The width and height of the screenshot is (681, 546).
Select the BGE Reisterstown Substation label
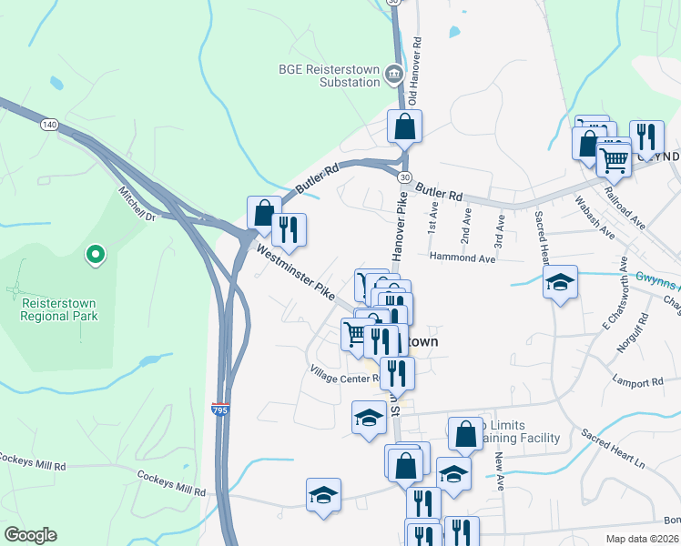click(328, 76)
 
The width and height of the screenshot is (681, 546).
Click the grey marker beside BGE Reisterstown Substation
click(394, 75)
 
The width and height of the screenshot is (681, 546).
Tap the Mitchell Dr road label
click(137, 204)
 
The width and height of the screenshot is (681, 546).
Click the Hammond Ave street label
click(462, 258)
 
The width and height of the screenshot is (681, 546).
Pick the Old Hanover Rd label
click(415, 69)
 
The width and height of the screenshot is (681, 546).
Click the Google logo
click(30, 535)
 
